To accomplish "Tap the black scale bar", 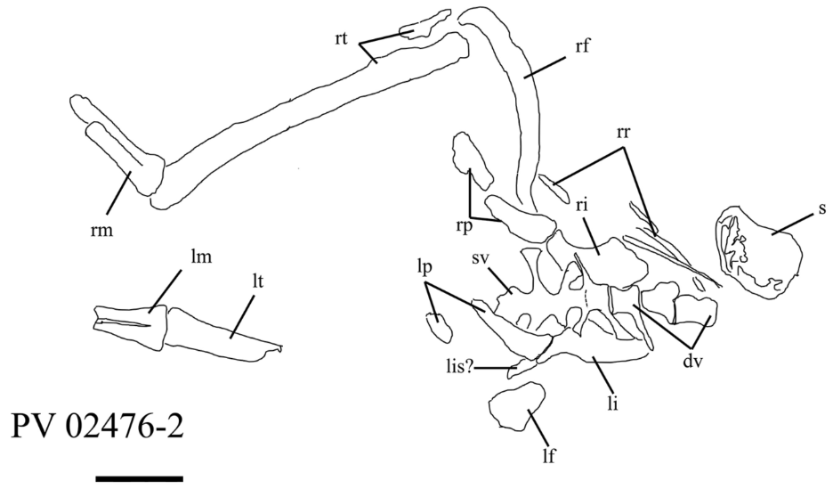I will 139,479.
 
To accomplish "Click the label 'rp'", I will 461,225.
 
